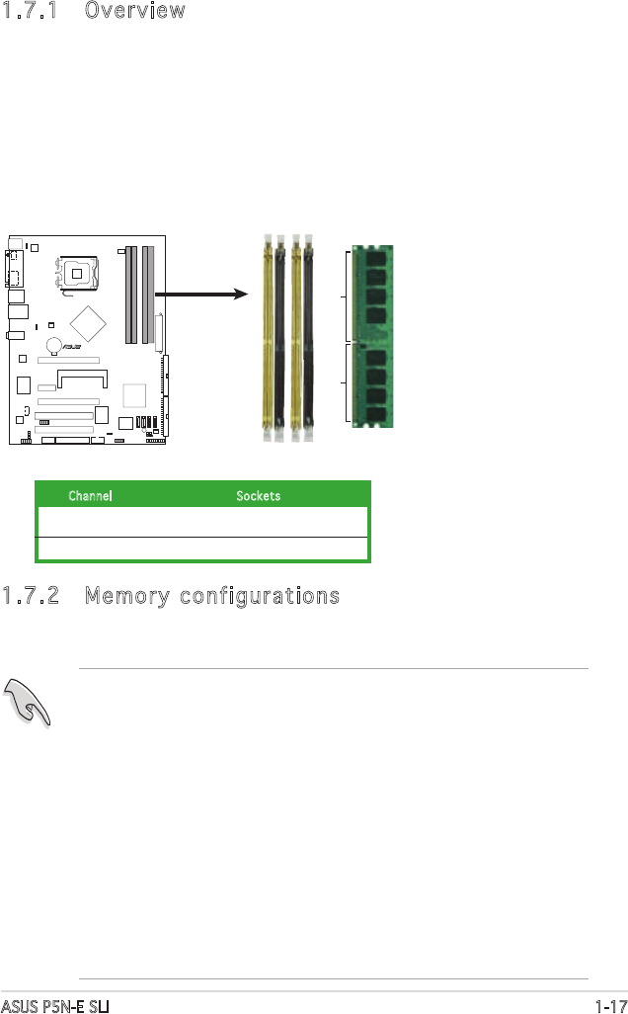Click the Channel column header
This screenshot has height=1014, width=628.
pos(90,495)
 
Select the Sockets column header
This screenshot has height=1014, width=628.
pos(258,495)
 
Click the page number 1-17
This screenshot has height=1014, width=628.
pos(611,1006)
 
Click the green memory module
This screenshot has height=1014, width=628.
pos(373,336)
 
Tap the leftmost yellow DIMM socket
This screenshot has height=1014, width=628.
pos(268,336)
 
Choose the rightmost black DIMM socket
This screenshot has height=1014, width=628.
pos(310,336)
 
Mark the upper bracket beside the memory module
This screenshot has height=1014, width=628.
pos(347,296)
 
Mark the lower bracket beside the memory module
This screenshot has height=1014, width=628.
pos(347,385)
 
